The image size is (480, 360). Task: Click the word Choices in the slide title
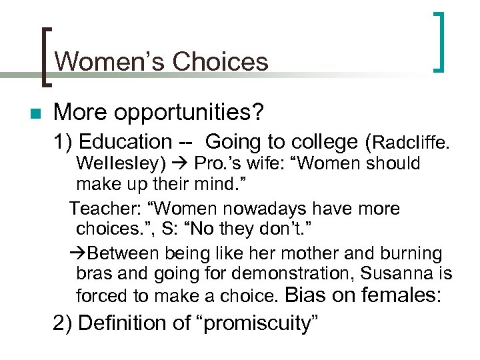click(x=220, y=62)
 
